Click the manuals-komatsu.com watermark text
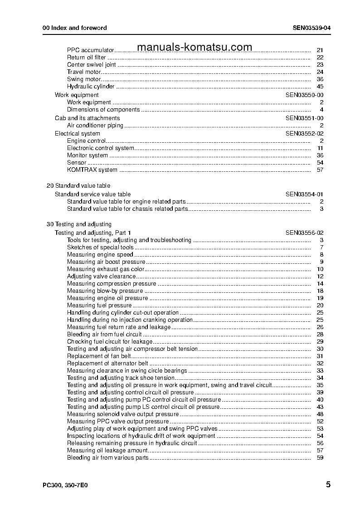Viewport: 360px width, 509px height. [194, 48]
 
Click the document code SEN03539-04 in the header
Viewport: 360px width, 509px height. [311, 28]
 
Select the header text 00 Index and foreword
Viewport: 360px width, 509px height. [74, 28]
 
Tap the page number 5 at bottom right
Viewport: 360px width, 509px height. [328, 485]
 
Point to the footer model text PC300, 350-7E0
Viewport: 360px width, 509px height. [65, 485]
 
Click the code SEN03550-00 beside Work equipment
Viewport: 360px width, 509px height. [304, 95]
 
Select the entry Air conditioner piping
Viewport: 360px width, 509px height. [95, 126]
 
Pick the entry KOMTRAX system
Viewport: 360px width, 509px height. [92, 170]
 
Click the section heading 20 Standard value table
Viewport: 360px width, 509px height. [78, 186]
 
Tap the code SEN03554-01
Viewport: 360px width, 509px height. [304, 194]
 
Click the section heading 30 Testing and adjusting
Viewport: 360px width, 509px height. [79, 224]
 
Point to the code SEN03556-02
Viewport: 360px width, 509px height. [304, 233]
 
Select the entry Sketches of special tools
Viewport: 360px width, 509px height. [100, 247]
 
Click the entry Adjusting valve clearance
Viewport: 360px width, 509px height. [101, 276]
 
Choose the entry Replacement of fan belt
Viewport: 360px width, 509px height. [98, 356]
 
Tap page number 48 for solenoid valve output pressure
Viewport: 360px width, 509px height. [320, 414]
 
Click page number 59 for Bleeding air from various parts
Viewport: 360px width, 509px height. [320, 458]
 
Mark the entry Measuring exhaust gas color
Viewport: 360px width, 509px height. [106, 269]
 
